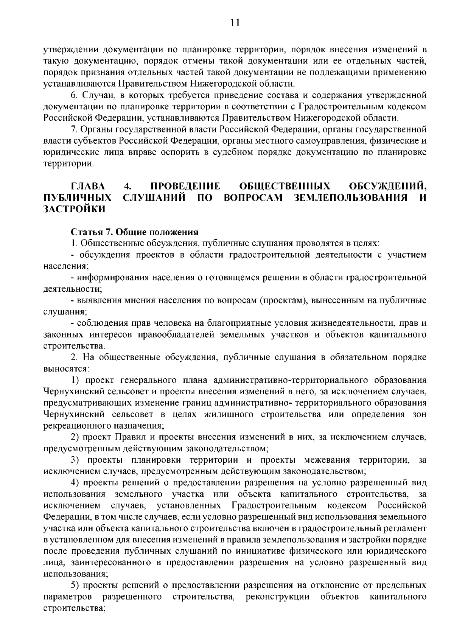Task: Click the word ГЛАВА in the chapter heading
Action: [x=89, y=187]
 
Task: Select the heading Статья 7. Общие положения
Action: [x=134, y=232]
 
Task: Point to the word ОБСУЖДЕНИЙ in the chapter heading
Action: [x=387, y=187]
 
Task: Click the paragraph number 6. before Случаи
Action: [x=75, y=95]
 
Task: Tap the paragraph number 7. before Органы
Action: [x=75, y=129]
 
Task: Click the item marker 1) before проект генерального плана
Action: [x=76, y=380]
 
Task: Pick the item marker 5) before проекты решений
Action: [x=76, y=585]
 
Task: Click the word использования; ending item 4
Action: [x=76, y=574]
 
